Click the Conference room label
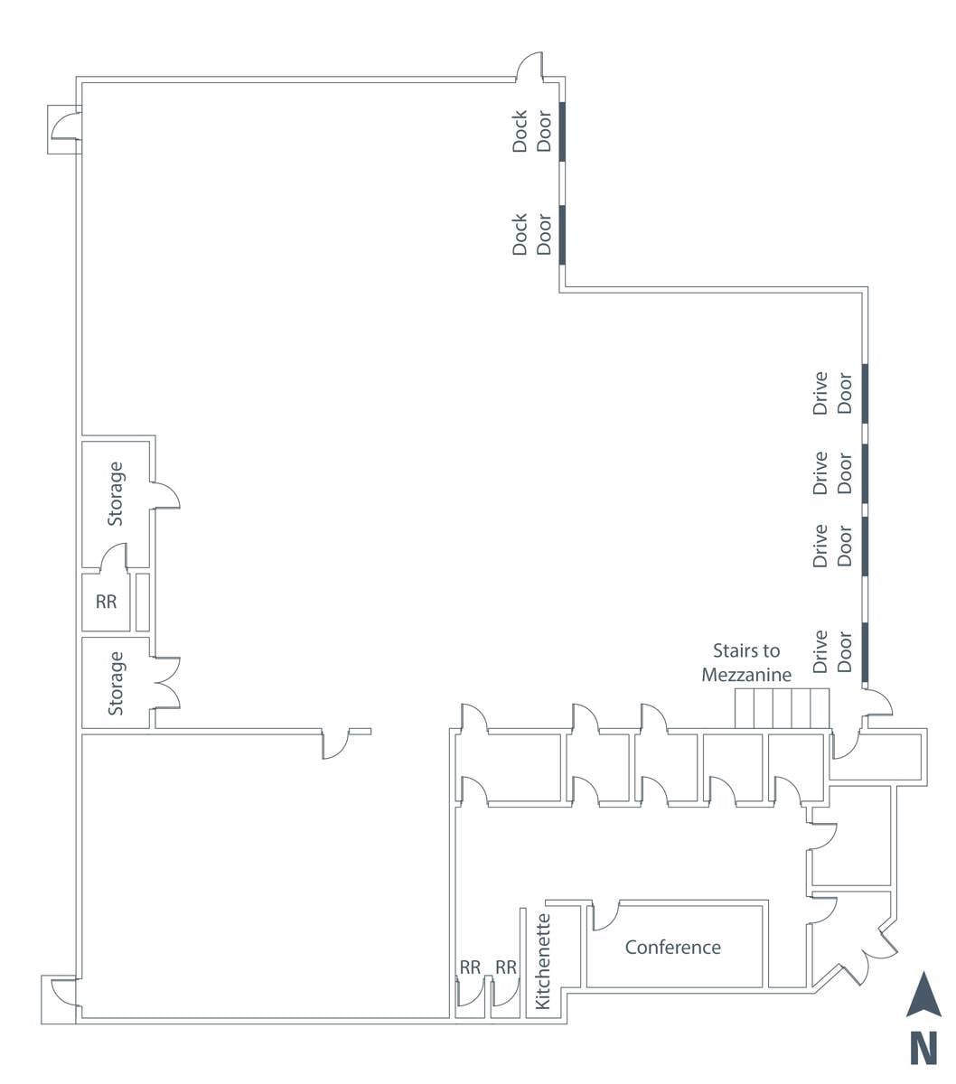point(673,947)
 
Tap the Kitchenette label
point(542,961)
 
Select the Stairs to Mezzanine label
point(746,662)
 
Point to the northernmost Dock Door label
point(532,131)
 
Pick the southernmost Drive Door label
point(832,651)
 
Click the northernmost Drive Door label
point(832,393)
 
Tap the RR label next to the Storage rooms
point(107,601)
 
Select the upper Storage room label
point(116,493)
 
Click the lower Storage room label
point(116,683)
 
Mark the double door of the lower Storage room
point(168,682)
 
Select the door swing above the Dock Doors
point(529,68)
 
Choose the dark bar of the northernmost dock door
point(561,132)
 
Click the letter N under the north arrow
point(923,1050)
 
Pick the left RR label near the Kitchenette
point(470,967)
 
